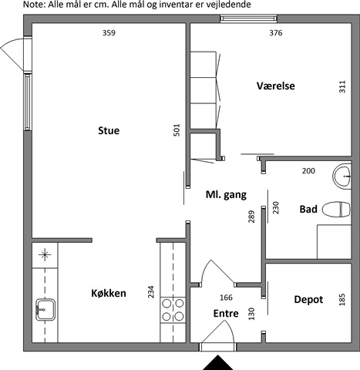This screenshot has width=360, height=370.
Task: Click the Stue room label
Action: click(109, 130)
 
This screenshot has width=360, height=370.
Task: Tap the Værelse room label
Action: click(275, 86)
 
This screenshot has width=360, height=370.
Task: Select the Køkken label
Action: click(109, 293)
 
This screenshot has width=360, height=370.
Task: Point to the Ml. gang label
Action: click(226, 195)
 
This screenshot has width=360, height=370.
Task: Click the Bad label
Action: click(308, 209)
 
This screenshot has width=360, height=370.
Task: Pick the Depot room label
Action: click(308, 300)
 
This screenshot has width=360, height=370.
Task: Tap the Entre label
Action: click(226, 314)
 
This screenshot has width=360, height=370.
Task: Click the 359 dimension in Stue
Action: click(109, 33)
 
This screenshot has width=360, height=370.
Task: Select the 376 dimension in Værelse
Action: click(276, 33)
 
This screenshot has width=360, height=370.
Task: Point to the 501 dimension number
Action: click(177, 130)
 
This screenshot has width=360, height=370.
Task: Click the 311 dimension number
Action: click(342, 86)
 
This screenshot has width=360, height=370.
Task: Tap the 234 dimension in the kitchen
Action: click(151, 292)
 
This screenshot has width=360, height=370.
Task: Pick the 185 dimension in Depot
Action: click(342, 300)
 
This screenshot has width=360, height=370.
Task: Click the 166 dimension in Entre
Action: click(226, 298)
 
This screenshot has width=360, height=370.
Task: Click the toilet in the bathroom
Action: click(336, 209)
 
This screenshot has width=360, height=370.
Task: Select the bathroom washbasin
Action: click(341, 177)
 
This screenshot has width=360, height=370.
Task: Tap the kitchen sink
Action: click(45, 310)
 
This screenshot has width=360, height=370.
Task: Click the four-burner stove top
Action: click(173, 310)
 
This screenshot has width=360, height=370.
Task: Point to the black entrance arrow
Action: click(217, 362)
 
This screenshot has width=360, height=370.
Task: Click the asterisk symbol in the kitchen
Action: click(45, 254)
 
